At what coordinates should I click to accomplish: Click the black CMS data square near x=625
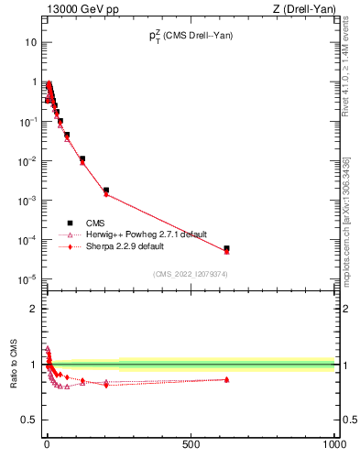click(226, 248)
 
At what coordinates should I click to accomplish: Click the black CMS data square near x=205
click(106, 191)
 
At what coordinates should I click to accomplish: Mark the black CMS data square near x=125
click(82, 159)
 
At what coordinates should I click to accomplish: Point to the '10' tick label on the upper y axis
click(30, 43)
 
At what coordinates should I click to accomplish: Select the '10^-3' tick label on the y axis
click(27, 200)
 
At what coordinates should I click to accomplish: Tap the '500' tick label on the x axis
click(191, 444)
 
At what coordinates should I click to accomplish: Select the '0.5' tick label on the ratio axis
click(29, 420)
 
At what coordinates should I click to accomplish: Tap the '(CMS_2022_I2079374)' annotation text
click(190, 273)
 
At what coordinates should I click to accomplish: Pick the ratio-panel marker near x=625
click(226, 379)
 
